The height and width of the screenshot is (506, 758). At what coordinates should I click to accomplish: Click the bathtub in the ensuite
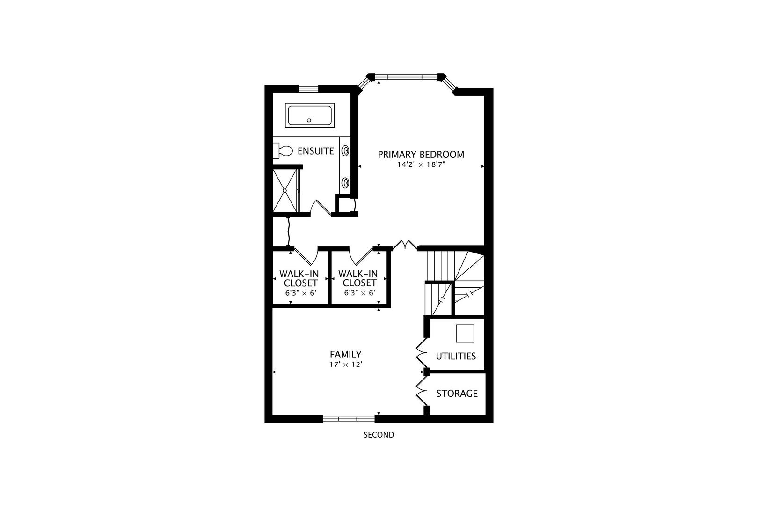coord(310,115)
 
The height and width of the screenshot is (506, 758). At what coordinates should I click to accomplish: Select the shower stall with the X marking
coord(284,190)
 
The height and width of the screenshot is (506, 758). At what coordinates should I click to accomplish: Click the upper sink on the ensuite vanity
coord(345,151)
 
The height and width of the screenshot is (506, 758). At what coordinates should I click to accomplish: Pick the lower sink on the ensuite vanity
coord(345,182)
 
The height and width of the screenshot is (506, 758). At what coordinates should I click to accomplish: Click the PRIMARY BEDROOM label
coord(421,155)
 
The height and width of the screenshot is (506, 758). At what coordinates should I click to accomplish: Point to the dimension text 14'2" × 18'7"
coord(418,165)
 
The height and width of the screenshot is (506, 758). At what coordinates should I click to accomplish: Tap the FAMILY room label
coord(345,355)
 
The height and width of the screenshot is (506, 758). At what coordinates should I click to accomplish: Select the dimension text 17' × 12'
coord(345,365)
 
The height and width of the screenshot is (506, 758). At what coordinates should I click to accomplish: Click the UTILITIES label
coord(456,356)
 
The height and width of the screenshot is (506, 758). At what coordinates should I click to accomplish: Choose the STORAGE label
coord(457,394)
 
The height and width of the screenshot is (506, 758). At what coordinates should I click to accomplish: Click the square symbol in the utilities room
coord(465,333)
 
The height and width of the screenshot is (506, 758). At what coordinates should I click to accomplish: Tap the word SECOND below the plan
coord(379,435)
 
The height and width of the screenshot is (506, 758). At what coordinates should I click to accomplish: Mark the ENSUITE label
coord(315,151)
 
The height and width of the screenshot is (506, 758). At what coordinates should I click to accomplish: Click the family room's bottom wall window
coord(349,418)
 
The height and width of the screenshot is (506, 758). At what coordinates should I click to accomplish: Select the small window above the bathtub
coord(308,88)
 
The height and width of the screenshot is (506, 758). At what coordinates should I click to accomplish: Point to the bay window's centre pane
coord(406,76)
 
